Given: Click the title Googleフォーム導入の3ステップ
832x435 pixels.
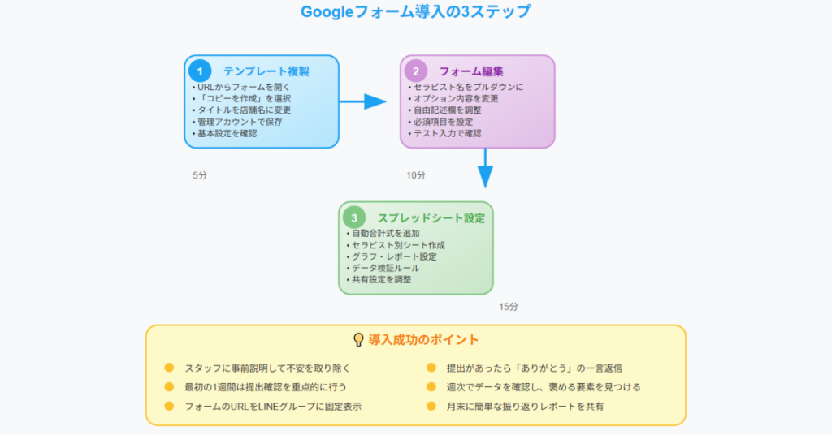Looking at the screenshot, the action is click(x=415, y=11).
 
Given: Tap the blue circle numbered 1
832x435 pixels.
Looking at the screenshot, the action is click(x=200, y=71).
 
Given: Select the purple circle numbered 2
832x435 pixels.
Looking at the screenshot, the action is click(x=416, y=71).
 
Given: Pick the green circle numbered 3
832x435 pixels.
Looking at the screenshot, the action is click(x=354, y=217).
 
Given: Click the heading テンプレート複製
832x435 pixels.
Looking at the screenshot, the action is click(x=266, y=71).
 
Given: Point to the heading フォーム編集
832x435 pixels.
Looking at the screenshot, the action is click(x=471, y=71).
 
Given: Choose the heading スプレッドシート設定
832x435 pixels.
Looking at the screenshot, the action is click(x=431, y=218).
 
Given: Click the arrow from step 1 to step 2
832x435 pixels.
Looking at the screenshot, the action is click(x=363, y=101).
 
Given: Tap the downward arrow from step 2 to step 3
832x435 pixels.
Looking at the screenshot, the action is click(x=485, y=169).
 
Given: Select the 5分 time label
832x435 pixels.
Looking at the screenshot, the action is click(x=200, y=175).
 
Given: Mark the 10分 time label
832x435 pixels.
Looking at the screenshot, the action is click(x=416, y=175).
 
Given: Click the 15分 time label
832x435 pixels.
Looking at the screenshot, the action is click(x=509, y=307).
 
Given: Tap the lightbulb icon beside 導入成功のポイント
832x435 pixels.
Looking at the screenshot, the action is click(x=358, y=339).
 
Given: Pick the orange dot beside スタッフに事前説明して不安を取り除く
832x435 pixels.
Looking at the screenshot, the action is click(x=169, y=368).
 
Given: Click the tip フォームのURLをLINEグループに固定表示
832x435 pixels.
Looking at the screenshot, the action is click(x=273, y=407).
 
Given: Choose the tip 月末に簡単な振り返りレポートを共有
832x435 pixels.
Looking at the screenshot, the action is click(x=525, y=407).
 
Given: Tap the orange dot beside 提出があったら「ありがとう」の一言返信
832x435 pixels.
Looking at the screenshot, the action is click(x=431, y=368).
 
